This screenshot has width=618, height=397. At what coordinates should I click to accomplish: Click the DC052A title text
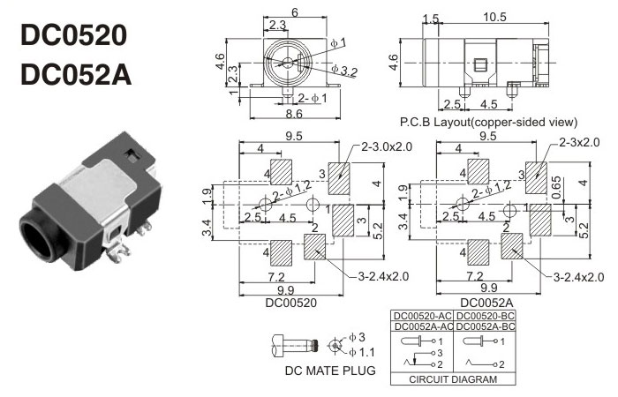[75, 74]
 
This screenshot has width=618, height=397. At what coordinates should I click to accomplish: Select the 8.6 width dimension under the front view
[283, 114]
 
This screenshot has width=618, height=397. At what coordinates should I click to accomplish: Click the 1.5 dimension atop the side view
[431, 19]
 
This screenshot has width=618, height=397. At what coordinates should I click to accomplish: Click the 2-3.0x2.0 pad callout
[385, 146]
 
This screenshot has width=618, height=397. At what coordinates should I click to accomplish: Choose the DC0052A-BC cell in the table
[486, 326]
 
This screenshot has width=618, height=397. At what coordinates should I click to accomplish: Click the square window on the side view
[481, 64]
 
